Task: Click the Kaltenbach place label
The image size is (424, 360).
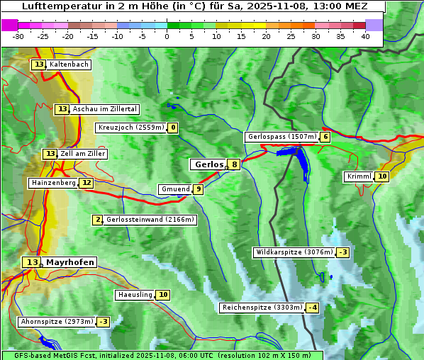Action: pos(69,64)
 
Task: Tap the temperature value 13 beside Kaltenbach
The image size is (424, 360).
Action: pos(38,64)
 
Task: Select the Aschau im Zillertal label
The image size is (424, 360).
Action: pos(104,109)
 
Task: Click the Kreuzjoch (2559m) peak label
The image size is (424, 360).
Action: pos(130,128)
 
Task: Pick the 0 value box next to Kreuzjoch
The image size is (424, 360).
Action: pos(172,128)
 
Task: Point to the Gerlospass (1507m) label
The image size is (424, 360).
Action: pos(281,137)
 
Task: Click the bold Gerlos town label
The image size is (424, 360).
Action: pos(208,164)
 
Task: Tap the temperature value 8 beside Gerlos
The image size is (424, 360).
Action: pos(234,164)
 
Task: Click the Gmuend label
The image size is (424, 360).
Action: pos(174,189)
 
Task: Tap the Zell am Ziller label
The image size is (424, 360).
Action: pos(82,154)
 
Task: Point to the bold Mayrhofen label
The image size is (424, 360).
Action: pos(69,262)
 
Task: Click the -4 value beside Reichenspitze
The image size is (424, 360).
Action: pos(312,308)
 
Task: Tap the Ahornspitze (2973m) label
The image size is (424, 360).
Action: pos(57,322)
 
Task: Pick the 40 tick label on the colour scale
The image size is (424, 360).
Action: pos(365,36)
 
